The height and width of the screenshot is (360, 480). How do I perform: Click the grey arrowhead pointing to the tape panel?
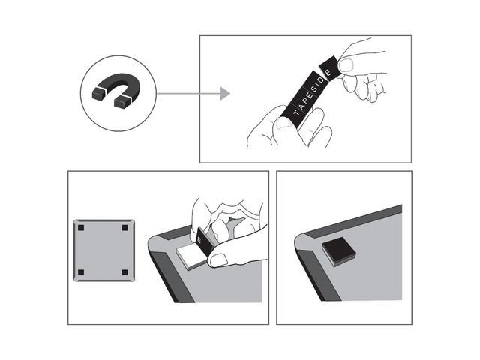225,93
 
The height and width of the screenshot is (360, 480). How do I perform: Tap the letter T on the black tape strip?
296,112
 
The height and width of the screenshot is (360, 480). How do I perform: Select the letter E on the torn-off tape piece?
328,72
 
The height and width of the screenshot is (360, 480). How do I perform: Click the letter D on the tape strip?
322,81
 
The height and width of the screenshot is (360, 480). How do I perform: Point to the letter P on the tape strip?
307,99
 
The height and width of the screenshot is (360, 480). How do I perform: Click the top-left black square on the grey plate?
81,228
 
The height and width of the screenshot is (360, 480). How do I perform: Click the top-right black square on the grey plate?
125,228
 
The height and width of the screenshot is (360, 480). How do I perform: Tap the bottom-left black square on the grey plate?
81,272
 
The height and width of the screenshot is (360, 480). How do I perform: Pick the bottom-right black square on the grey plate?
125,272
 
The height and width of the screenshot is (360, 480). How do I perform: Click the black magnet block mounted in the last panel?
339,251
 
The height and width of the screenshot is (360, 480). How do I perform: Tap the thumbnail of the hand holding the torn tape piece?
346,65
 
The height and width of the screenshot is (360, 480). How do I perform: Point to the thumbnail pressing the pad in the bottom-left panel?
218,260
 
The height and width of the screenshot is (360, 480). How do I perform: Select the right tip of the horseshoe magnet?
121,102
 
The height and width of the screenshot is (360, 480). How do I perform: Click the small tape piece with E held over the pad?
205,241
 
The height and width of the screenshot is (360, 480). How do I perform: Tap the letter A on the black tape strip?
301,106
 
